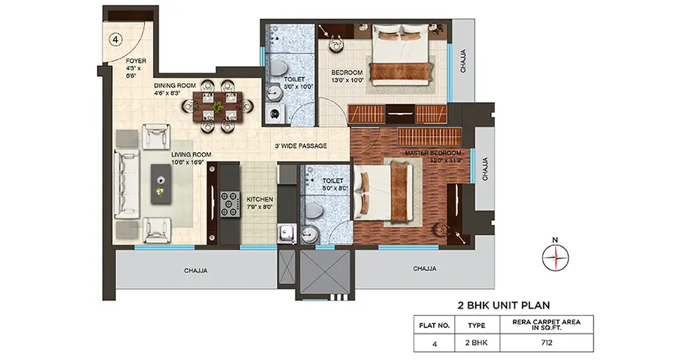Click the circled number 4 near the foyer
click(x=115, y=41)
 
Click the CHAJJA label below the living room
click(x=196, y=270)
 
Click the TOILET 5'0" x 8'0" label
click(x=326, y=184)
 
